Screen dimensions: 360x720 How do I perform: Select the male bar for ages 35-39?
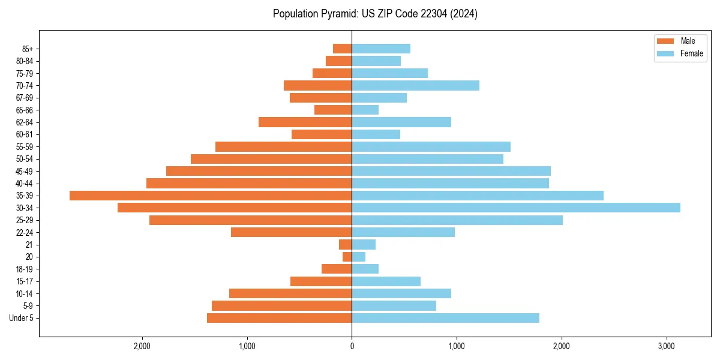(211, 196)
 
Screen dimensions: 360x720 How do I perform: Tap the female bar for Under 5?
(445, 318)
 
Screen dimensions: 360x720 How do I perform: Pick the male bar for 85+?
(343, 49)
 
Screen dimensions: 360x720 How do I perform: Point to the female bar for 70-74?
(415, 85)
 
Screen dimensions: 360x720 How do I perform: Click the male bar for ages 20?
(347, 257)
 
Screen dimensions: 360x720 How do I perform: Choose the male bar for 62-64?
(305, 122)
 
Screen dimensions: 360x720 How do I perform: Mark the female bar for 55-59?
(431, 146)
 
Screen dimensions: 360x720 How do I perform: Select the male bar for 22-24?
(292, 232)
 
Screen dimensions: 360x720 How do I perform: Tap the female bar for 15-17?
(386, 281)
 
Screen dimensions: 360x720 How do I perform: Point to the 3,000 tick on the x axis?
(667, 346)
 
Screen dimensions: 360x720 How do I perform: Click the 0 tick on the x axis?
(352, 346)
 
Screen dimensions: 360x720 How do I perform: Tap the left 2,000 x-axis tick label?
(142, 346)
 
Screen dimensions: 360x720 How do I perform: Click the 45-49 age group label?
(24, 171)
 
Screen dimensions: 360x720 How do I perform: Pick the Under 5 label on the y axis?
(22, 318)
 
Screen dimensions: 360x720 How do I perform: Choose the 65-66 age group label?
(24, 110)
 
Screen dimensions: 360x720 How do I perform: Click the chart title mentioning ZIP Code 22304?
(375, 14)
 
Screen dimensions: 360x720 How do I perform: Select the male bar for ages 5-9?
(281, 306)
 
